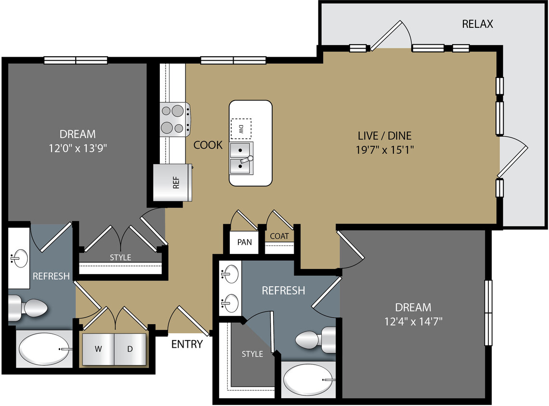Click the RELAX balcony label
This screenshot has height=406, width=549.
[x=477, y=24]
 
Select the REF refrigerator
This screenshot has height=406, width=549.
[x=173, y=183]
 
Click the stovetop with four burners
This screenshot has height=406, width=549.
[x=174, y=119]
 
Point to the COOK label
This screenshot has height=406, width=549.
[x=208, y=145]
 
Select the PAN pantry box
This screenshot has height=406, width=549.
[x=244, y=242]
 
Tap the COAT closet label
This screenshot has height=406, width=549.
[x=279, y=236]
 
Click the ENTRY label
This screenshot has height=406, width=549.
[x=187, y=344]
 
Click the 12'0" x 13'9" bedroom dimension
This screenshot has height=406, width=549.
[x=78, y=148]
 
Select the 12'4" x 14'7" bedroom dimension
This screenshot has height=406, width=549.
[x=413, y=321]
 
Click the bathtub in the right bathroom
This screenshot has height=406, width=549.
[x=308, y=380]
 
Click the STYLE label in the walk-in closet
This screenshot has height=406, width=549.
[x=252, y=354]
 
